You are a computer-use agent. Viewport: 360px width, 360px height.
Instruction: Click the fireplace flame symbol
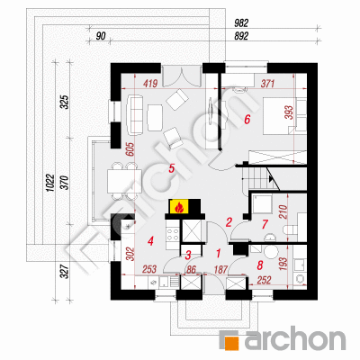(179, 207)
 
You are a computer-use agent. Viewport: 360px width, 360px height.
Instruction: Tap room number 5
(171, 168)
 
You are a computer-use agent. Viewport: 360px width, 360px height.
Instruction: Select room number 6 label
(247, 120)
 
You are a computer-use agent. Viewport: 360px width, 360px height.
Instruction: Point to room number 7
(265, 224)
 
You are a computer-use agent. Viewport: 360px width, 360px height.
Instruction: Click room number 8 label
(260, 265)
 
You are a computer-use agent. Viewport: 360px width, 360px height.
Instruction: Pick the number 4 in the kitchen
(150, 240)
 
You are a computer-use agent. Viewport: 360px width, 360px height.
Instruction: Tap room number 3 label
(188, 256)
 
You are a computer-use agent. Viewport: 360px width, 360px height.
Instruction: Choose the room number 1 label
(218, 254)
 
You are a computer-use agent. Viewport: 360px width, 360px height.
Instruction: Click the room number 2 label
(229, 222)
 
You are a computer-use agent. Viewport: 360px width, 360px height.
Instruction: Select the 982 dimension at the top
(241, 23)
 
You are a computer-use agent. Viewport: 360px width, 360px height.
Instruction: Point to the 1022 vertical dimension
(49, 183)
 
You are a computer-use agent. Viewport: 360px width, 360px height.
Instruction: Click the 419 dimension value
(150, 83)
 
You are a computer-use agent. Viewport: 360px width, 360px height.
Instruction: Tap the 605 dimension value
(130, 149)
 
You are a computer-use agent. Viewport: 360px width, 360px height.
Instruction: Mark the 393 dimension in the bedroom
(289, 112)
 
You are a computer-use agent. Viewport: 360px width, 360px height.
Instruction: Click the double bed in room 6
(278, 115)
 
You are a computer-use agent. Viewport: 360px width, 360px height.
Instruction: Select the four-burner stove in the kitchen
(173, 234)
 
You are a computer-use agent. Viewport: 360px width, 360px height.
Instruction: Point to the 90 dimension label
(101, 36)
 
